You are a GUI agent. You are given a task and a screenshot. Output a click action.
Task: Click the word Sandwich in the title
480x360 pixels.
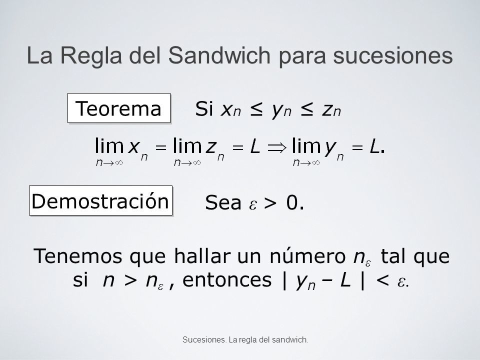pos(219,55)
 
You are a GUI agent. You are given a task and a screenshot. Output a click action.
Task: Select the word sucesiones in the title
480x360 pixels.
pos(393,56)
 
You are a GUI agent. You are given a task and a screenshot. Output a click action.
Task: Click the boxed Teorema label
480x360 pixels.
pos(119,108)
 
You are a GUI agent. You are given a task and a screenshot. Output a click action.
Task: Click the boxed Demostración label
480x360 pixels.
pos(100,200)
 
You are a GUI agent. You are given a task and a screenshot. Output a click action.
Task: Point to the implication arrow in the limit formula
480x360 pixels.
pos(277,148)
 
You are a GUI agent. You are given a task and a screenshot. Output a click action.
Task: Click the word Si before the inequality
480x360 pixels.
pos(204,108)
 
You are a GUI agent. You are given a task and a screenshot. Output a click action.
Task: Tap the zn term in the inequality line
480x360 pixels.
pos(331,110)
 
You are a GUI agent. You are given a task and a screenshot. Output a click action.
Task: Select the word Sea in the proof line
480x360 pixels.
pos(223,202)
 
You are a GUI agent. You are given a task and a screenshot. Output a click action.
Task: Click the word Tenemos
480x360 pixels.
pos(78,256)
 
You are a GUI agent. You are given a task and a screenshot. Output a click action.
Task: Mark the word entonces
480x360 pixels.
pos(227,279)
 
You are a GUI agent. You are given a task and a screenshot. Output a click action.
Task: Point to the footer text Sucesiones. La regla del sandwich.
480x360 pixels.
pos(245,339)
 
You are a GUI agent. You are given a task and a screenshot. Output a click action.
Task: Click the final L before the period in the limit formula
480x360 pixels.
pos(374,147)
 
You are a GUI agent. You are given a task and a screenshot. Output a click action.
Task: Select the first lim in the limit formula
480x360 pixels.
pos(109,145)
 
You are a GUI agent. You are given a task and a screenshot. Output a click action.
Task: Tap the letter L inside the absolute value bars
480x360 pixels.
pos(345,280)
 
